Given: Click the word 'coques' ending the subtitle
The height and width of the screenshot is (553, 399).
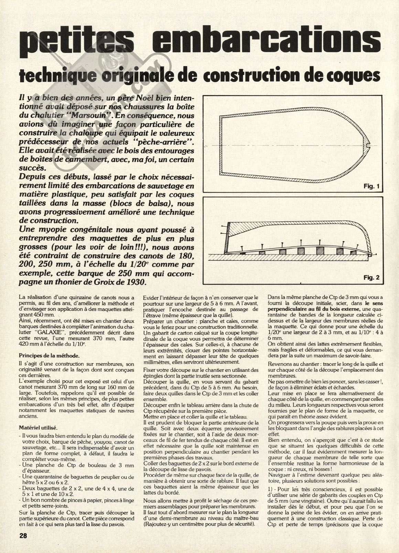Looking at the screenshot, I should pos(360,76).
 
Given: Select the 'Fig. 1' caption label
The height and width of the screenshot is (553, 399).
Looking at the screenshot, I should pos(371,187).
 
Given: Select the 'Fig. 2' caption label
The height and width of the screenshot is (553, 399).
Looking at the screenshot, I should pos(371,277).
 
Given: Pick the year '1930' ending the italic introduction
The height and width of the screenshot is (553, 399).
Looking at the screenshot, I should pos(138,283).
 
